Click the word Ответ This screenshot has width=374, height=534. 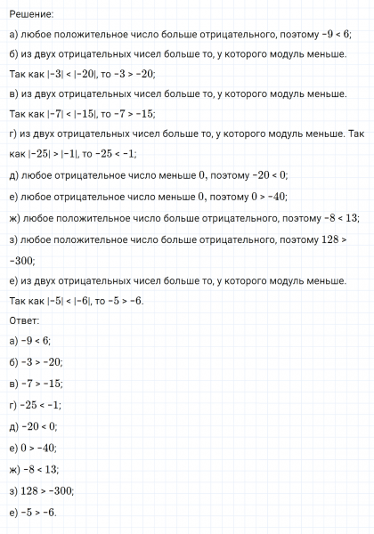tap(25, 320)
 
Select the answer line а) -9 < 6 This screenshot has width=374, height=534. tap(30, 341)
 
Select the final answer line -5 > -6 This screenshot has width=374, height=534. tap(35, 512)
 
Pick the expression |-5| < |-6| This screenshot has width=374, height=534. tap(67, 301)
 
